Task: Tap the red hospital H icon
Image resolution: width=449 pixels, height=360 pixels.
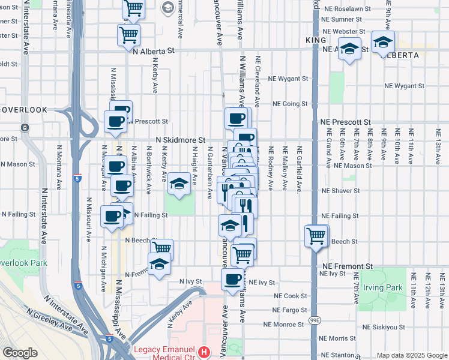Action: [205, 351]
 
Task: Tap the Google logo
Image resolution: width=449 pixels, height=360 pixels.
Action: [20, 353]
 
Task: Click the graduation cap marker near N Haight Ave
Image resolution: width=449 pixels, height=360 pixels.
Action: [178, 183]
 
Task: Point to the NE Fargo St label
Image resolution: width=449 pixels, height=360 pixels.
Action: [289, 310]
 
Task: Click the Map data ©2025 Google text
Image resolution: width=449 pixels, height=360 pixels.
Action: [411, 355]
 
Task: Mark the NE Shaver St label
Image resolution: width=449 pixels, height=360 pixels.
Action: [340, 191]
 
